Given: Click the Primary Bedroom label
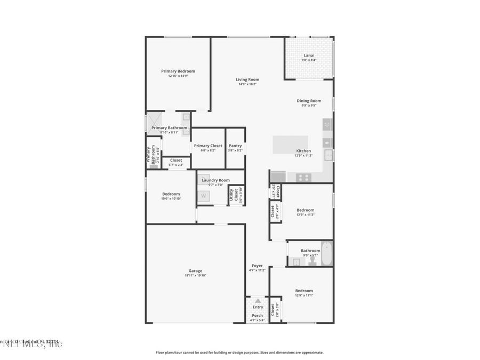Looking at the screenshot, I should (x=178, y=71).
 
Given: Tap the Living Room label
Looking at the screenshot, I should (x=247, y=79).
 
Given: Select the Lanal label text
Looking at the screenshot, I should (x=309, y=55).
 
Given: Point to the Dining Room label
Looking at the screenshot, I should (x=309, y=101).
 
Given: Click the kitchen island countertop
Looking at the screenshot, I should (x=291, y=145).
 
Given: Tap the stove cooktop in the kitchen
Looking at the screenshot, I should (x=303, y=177).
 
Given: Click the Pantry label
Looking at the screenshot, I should (x=235, y=146).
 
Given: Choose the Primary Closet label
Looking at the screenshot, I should (x=208, y=146).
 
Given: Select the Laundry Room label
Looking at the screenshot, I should (x=215, y=180).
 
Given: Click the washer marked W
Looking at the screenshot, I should (x=203, y=196).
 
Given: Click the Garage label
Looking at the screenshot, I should (x=195, y=270).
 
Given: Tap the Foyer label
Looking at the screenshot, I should (x=257, y=266).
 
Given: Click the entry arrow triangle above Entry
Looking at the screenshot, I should (x=258, y=301).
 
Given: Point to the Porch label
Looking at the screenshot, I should (x=258, y=315).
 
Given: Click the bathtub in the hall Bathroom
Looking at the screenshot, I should (x=326, y=253).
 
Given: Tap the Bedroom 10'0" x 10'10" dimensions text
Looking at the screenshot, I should (x=171, y=198).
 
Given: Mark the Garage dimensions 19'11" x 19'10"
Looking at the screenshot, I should (x=195, y=275).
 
